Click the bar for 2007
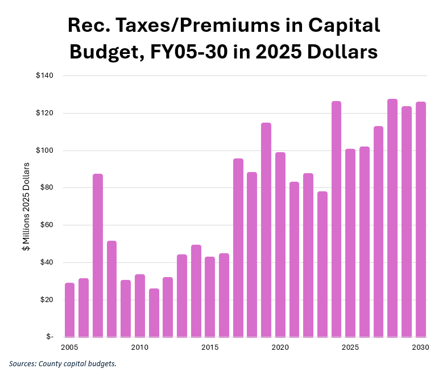[98, 255]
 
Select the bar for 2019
[266, 229]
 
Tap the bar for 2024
[336, 219]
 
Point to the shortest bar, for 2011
[154, 312]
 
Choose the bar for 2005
[70, 309]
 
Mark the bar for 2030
[420, 219]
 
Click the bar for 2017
[238, 248]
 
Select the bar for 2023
[322, 264]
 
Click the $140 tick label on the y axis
[44, 76]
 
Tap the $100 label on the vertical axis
[44, 150]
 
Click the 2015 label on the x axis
[210, 347]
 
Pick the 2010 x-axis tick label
[140, 347]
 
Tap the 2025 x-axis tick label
[350, 347]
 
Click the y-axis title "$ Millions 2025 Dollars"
[26, 207]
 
